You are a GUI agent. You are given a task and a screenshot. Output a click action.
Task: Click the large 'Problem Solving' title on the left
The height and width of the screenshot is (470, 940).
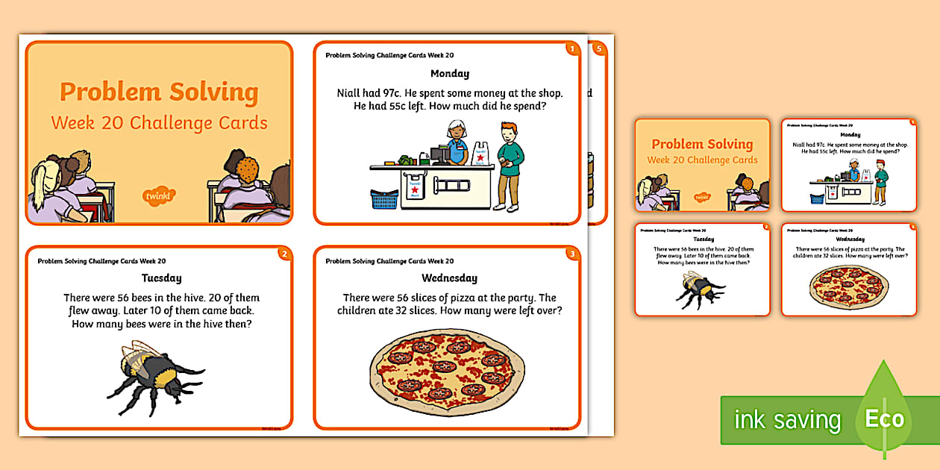159,93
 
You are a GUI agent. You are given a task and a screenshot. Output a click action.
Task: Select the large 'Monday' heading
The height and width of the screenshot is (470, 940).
450,74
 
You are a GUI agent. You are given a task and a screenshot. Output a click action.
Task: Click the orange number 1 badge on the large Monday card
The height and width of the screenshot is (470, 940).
571,49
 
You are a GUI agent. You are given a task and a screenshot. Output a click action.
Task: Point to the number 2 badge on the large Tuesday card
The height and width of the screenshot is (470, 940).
283,254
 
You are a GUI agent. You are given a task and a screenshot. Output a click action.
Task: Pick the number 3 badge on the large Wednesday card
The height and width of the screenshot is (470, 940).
571,254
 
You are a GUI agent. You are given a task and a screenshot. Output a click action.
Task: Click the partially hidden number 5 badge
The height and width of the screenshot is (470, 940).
598,49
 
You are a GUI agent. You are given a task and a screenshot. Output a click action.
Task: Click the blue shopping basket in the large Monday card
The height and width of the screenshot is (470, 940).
384,199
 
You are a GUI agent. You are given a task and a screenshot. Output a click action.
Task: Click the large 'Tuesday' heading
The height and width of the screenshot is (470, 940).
161,278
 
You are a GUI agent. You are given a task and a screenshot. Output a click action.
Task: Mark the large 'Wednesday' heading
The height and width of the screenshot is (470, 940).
449,278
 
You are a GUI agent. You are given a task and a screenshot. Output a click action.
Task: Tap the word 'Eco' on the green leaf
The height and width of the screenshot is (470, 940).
885,419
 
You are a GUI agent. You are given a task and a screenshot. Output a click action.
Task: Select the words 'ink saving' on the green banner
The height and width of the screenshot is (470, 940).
787,420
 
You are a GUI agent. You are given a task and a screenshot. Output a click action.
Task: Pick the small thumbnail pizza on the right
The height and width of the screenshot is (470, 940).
848,286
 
